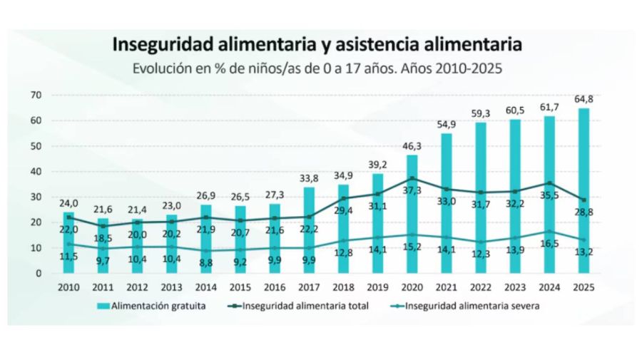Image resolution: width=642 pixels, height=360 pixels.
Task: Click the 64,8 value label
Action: pos(584,99)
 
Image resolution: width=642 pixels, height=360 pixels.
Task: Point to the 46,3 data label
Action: pos(413,146)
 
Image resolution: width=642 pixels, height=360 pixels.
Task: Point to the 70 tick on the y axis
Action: pos(36,96)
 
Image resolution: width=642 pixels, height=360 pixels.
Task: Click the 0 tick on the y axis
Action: pos(39,273)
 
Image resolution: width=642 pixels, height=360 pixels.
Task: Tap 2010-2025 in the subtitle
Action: pos(467,69)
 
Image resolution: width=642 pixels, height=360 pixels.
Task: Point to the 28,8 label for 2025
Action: pos(586,212)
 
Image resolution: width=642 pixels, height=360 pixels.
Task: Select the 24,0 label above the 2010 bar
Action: pos(68,202)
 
